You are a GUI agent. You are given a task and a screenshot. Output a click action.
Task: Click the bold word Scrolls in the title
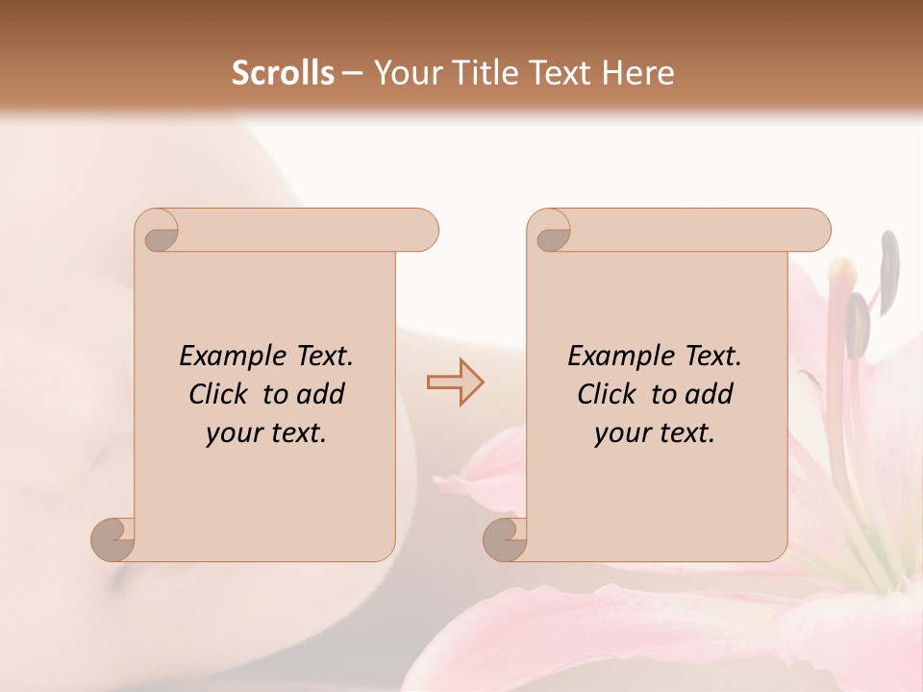coord(284,73)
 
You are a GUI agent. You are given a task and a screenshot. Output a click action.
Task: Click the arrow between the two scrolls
coord(456,383)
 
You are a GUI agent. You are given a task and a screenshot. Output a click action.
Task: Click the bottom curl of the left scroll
coord(113,539)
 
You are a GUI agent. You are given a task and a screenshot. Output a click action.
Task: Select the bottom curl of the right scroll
coord(506,539)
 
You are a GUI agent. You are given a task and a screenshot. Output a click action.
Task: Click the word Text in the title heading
coord(559,73)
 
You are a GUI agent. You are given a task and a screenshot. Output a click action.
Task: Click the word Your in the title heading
coord(405,73)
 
